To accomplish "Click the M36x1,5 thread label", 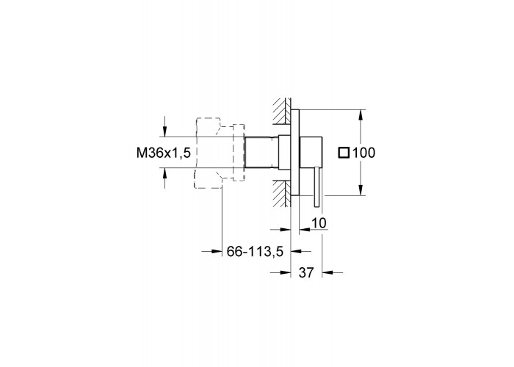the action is (x=164, y=153).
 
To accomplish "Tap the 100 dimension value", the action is (x=363, y=153).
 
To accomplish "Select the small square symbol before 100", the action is (x=344, y=153).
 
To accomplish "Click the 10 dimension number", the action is (x=319, y=223).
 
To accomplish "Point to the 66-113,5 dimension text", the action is (x=255, y=251).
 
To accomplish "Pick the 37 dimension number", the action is (x=306, y=272).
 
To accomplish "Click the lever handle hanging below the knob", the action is (x=316, y=186).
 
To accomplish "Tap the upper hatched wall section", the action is (x=282, y=112).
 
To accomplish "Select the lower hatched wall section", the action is (x=282, y=193).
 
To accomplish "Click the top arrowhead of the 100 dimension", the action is (x=361, y=115).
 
